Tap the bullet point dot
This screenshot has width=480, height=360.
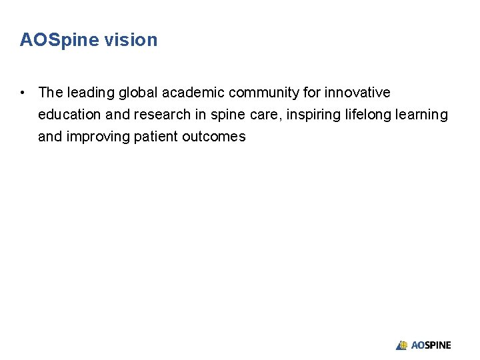[23, 92]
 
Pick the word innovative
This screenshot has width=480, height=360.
[357, 92]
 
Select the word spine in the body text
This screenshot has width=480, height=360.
[227, 115]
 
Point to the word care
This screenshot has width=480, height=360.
[265, 115]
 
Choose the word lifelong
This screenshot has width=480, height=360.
[367, 115]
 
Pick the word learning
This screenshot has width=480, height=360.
[422, 115]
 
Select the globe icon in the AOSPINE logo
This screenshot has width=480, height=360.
[402, 345]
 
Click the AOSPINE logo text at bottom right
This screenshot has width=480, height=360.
[431, 345]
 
